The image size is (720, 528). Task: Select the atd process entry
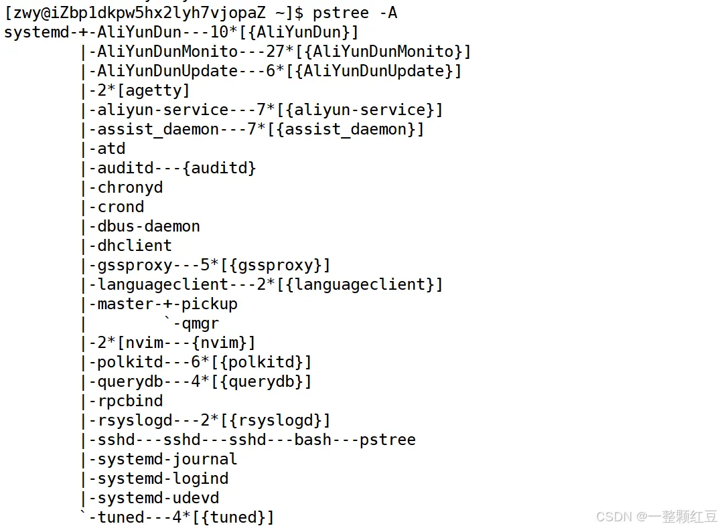point(111,149)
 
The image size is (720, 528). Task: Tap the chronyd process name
point(130,187)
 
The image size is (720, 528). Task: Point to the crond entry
point(121,207)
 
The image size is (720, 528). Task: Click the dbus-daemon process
point(149,226)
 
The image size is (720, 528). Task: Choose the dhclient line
point(135,246)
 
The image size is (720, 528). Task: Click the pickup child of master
point(210,304)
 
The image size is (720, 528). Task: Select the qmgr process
point(200,323)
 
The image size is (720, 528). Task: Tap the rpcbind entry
point(130,401)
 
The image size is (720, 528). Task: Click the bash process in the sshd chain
point(313,440)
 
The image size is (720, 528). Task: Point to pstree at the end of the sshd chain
point(387,440)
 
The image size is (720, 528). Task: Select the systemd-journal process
point(167,459)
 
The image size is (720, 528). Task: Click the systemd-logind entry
point(163,478)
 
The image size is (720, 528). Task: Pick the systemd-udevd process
point(158,498)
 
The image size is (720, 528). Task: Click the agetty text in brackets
point(153,90)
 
